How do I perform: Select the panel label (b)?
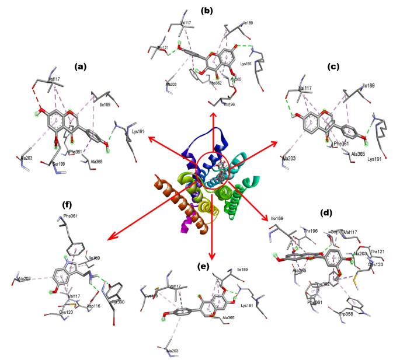click(x=208, y=10)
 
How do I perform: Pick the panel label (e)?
click(x=204, y=267)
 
